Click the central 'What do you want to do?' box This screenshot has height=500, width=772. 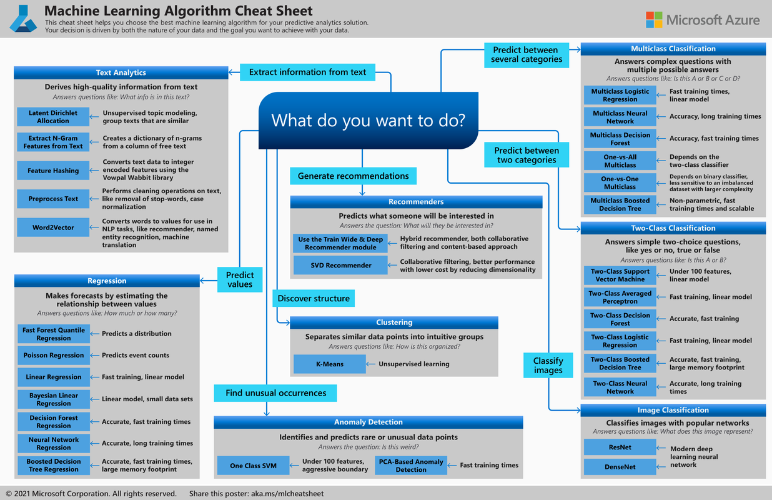(369, 121)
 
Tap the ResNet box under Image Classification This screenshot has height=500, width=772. (620, 447)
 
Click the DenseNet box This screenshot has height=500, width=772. (620, 467)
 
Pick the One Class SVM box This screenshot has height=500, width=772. (253, 466)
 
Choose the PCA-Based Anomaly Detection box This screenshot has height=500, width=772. (410, 466)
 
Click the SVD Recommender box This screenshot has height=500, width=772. (340, 266)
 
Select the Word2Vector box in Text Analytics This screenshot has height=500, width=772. (53, 227)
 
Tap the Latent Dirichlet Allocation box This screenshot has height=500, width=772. (53, 117)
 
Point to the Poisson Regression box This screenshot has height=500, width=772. (53, 355)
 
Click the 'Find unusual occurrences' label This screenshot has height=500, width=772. (275, 393)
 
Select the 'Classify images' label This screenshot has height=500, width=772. (548, 366)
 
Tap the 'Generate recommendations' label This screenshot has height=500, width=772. (353, 176)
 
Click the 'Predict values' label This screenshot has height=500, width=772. (240, 279)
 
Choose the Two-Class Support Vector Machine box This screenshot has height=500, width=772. (620, 276)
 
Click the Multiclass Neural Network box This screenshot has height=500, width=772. (620, 117)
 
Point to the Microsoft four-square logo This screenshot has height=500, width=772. (654, 20)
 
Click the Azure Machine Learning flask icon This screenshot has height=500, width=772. (23, 19)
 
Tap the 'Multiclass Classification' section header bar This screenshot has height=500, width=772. (673, 49)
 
